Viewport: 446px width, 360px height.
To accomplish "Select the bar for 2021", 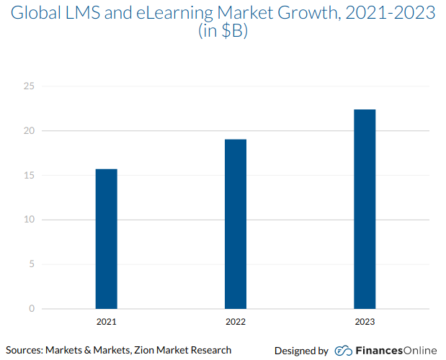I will coord(106,239).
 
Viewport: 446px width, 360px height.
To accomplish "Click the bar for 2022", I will coord(236,224).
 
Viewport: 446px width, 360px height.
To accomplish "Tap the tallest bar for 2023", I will coord(365,209).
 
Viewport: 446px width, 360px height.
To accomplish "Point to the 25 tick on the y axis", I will coord(29,86).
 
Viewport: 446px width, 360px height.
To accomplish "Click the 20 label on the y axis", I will coord(29,131).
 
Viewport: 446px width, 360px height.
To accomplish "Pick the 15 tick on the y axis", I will coord(29,176).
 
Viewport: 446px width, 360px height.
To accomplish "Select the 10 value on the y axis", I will coord(29,220).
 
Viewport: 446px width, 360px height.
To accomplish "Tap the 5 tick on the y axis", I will coord(32,264).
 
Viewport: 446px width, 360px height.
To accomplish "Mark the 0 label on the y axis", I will coord(32,309).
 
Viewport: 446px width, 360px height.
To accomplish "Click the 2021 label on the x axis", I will coord(106,322).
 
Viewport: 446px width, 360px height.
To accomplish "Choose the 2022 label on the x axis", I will coord(236,322).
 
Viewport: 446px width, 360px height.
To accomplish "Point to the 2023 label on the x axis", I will coord(365,322).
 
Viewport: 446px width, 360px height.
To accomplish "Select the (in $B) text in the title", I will coord(223,32).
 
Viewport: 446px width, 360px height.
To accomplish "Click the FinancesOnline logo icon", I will coord(343,351).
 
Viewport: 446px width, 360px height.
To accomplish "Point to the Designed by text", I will coord(301,351).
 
